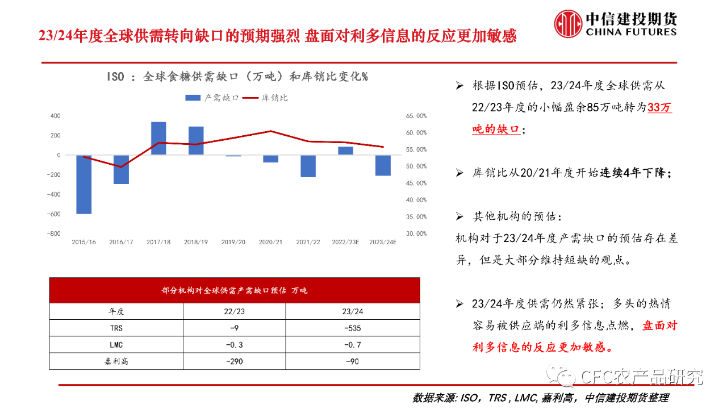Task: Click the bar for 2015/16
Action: [84, 184]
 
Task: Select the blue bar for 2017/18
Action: [158, 138]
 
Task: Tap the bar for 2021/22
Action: [308, 166]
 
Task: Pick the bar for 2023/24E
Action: [383, 165]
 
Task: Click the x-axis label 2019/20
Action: [233, 242]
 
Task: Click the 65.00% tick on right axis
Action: [416, 116]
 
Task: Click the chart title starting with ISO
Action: [237, 77]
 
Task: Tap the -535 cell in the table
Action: [353, 328]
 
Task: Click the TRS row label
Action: [116, 328]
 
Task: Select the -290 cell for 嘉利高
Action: [234, 361]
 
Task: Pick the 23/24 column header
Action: [353, 311]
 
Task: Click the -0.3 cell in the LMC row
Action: [234, 344]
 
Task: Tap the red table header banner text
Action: [234, 290]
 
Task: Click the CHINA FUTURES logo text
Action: [631, 32]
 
